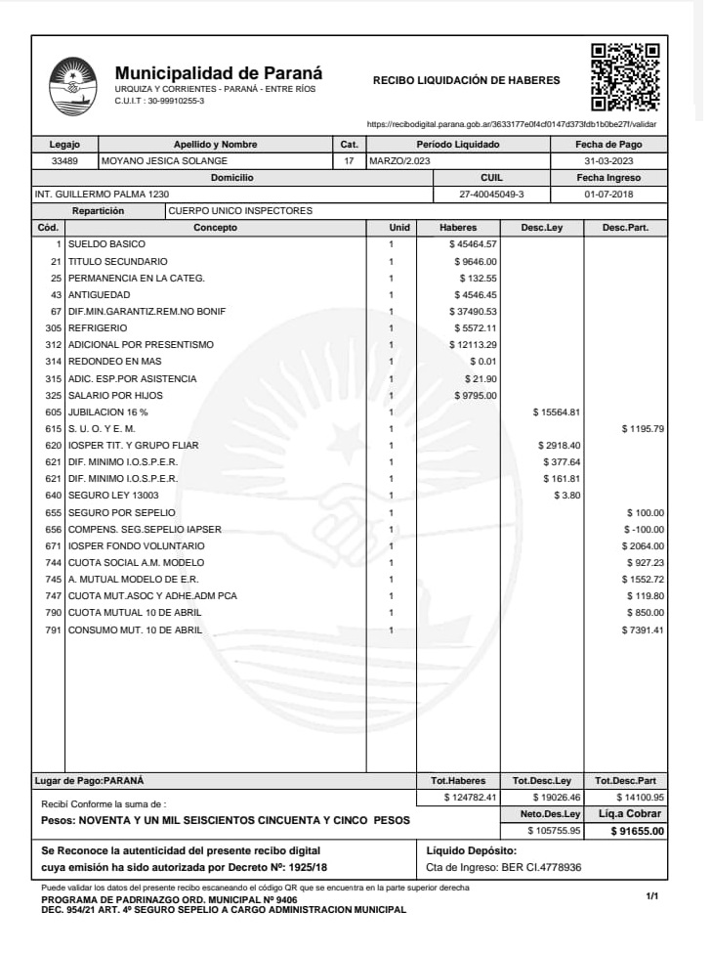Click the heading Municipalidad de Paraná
(x=219, y=73)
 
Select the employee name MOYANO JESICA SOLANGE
(x=165, y=160)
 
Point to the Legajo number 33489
(x=64, y=160)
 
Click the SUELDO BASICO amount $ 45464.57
(x=474, y=243)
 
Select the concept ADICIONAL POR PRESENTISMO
(x=141, y=345)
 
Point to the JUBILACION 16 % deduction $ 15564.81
(x=556, y=412)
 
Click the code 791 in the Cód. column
(x=53, y=629)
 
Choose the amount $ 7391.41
(x=643, y=629)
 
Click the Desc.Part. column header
(x=625, y=227)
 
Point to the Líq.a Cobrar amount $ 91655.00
(x=637, y=831)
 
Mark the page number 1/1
(x=652, y=895)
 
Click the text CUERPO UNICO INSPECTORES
(x=240, y=210)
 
